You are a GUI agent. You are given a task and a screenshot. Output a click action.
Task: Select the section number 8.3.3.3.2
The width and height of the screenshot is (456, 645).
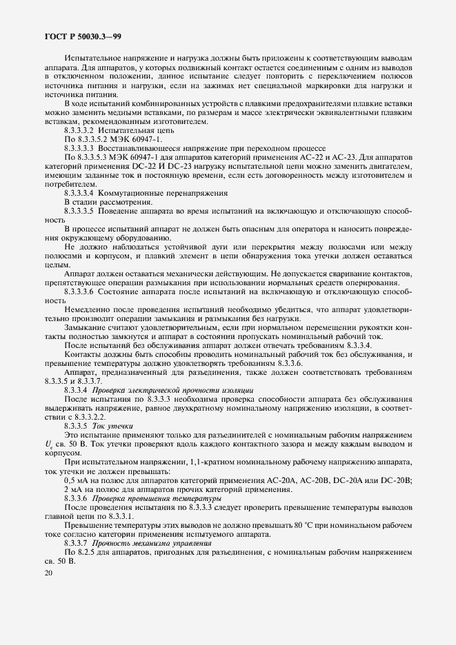[x=79, y=130]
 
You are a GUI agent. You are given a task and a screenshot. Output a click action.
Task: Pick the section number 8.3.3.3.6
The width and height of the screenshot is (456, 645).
[x=79, y=291]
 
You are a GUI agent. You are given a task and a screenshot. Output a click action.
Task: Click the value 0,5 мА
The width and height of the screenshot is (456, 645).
[x=75, y=480]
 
